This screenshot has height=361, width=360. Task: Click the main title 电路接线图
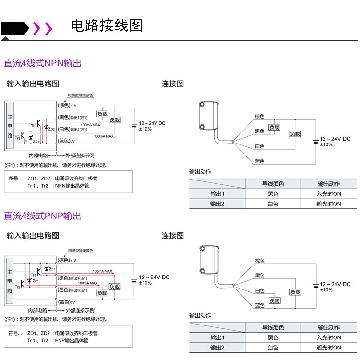[x=107, y=25]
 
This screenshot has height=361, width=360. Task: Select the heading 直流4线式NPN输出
[x=43, y=63]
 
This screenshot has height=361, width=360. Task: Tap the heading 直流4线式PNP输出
[x=43, y=216]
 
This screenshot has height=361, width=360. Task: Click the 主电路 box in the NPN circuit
[x=10, y=126]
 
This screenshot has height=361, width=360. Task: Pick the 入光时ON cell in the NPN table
[x=329, y=194]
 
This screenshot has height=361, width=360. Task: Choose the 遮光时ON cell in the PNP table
[x=329, y=348]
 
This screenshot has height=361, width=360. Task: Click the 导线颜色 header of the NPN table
[x=273, y=184]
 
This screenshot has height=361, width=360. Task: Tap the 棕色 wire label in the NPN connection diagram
[x=260, y=117]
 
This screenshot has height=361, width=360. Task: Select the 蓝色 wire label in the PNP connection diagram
[x=260, y=305]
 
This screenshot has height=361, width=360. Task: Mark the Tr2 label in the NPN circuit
[x=17, y=138]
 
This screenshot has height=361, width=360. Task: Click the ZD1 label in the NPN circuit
[x=36, y=142]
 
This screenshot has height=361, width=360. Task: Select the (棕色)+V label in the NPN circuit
[x=67, y=105]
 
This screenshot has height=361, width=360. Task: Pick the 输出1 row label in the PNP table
[x=217, y=338]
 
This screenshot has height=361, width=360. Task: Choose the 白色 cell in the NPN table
[x=273, y=204]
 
